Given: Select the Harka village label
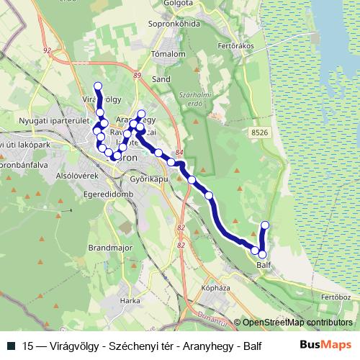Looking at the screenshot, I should tap(130, 300).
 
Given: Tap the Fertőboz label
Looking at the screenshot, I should tap(336, 297).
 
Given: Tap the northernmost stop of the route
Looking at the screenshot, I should tap(98, 86).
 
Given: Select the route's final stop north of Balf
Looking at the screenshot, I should tap(264, 225).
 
